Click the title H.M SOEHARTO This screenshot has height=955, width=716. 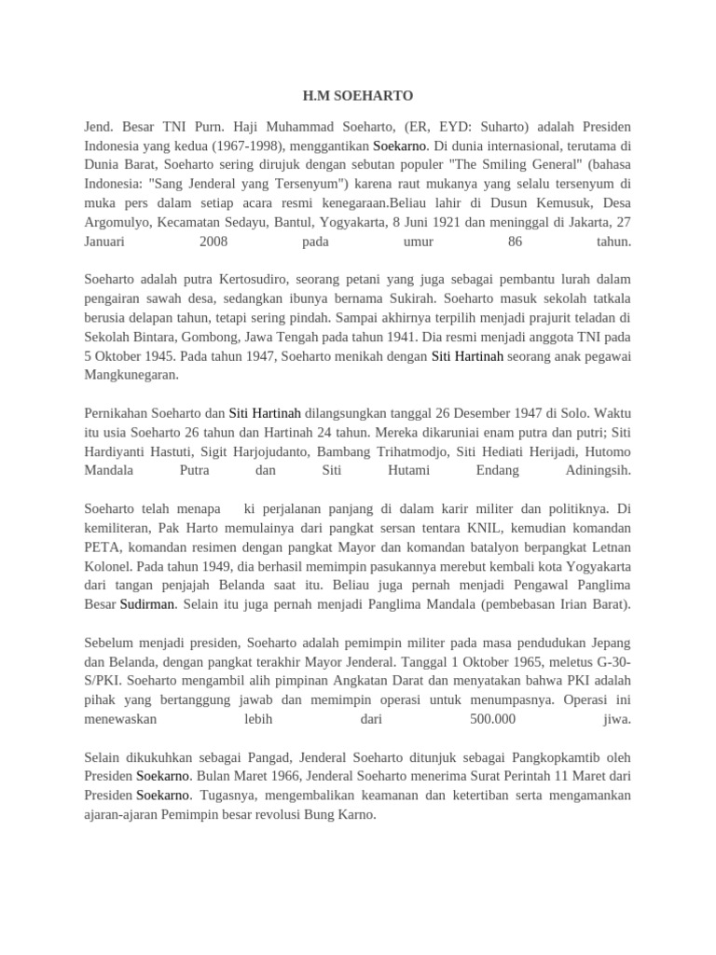coord(358,96)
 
